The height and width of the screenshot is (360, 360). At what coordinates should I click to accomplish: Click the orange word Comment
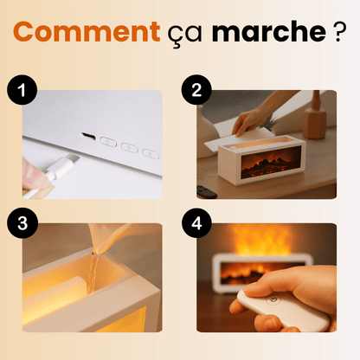[x=87, y=31]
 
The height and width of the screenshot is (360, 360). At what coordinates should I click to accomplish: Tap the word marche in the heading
[x=269, y=31]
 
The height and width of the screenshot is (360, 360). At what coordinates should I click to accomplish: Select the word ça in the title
[x=184, y=35]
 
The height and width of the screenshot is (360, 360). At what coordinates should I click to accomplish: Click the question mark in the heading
[x=340, y=31]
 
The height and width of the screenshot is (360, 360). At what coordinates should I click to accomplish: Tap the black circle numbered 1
[x=22, y=90]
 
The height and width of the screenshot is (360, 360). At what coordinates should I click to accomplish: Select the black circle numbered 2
[x=196, y=90]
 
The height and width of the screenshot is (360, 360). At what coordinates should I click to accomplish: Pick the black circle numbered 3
[x=22, y=223]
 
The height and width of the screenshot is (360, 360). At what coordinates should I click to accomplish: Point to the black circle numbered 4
[x=196, y=223]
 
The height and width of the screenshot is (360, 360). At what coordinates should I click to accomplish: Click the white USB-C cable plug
[x=61, y=166]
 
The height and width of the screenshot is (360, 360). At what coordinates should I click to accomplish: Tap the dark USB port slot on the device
[x=88, y=135]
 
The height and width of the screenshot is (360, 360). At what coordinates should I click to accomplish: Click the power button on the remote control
[x=273, y=300]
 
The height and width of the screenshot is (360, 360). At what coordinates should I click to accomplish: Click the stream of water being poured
[x=93, y=271]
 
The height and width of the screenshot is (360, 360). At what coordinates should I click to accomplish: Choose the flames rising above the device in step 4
[x=260, y=240]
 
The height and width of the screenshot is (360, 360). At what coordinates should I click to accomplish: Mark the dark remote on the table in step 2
[x=206, y=192]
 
